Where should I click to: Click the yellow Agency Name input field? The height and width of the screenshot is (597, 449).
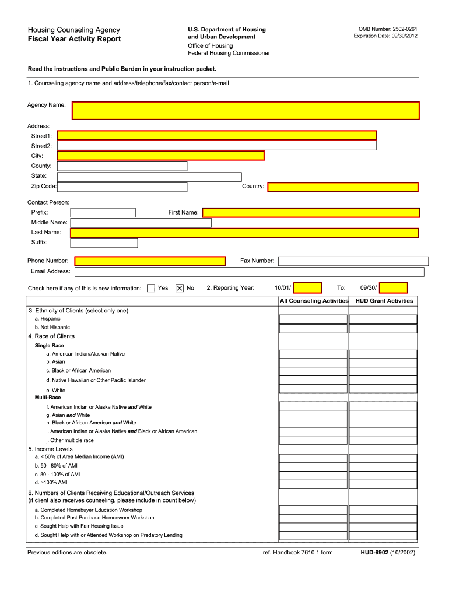[245, 111]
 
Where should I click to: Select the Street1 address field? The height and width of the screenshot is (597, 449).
[216, 135]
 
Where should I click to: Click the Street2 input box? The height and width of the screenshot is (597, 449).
[216, 146]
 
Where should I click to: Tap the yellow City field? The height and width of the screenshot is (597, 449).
[160, 156]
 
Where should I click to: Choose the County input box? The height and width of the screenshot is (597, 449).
[122, 166]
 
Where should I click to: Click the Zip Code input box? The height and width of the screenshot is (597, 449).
[122, 187]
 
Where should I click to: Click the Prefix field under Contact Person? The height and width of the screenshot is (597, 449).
[103, 213]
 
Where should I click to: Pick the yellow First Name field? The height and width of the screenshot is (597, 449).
[311, 213]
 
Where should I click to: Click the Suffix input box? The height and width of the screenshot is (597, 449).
[104, 243]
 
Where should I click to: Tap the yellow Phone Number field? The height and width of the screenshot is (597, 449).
[150, 261]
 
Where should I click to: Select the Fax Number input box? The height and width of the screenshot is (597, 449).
[353, 261]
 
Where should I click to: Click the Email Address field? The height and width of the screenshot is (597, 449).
[249, 272]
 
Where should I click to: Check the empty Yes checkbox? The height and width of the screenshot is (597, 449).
[151, 288]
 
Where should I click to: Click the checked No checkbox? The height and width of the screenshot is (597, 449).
[180, 288]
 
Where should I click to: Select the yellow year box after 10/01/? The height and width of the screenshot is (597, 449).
[307, 288]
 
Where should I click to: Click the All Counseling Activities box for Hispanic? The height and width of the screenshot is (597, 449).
[313, 319]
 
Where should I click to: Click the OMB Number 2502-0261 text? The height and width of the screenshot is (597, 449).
[388, 29]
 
